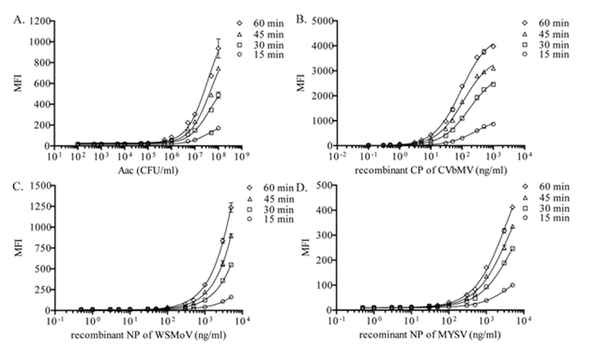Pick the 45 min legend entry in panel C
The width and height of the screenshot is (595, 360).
click(252, 198)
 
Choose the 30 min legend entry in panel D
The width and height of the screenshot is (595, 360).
click(536, 210)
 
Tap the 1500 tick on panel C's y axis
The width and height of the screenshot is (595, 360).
click(38, 186)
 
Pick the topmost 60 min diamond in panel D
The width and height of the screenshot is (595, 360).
click(513, 207)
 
